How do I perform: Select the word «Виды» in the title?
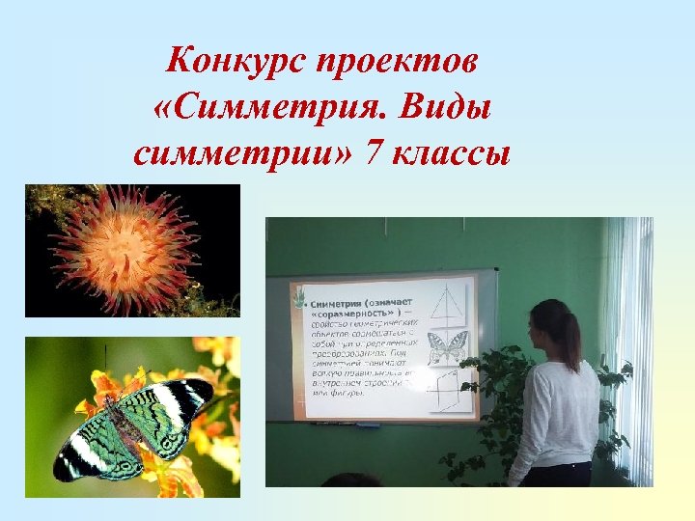[446, 108]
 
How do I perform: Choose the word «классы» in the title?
[450, 152]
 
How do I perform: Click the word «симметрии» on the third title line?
[241, 152]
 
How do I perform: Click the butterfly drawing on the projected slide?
[446, 348]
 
